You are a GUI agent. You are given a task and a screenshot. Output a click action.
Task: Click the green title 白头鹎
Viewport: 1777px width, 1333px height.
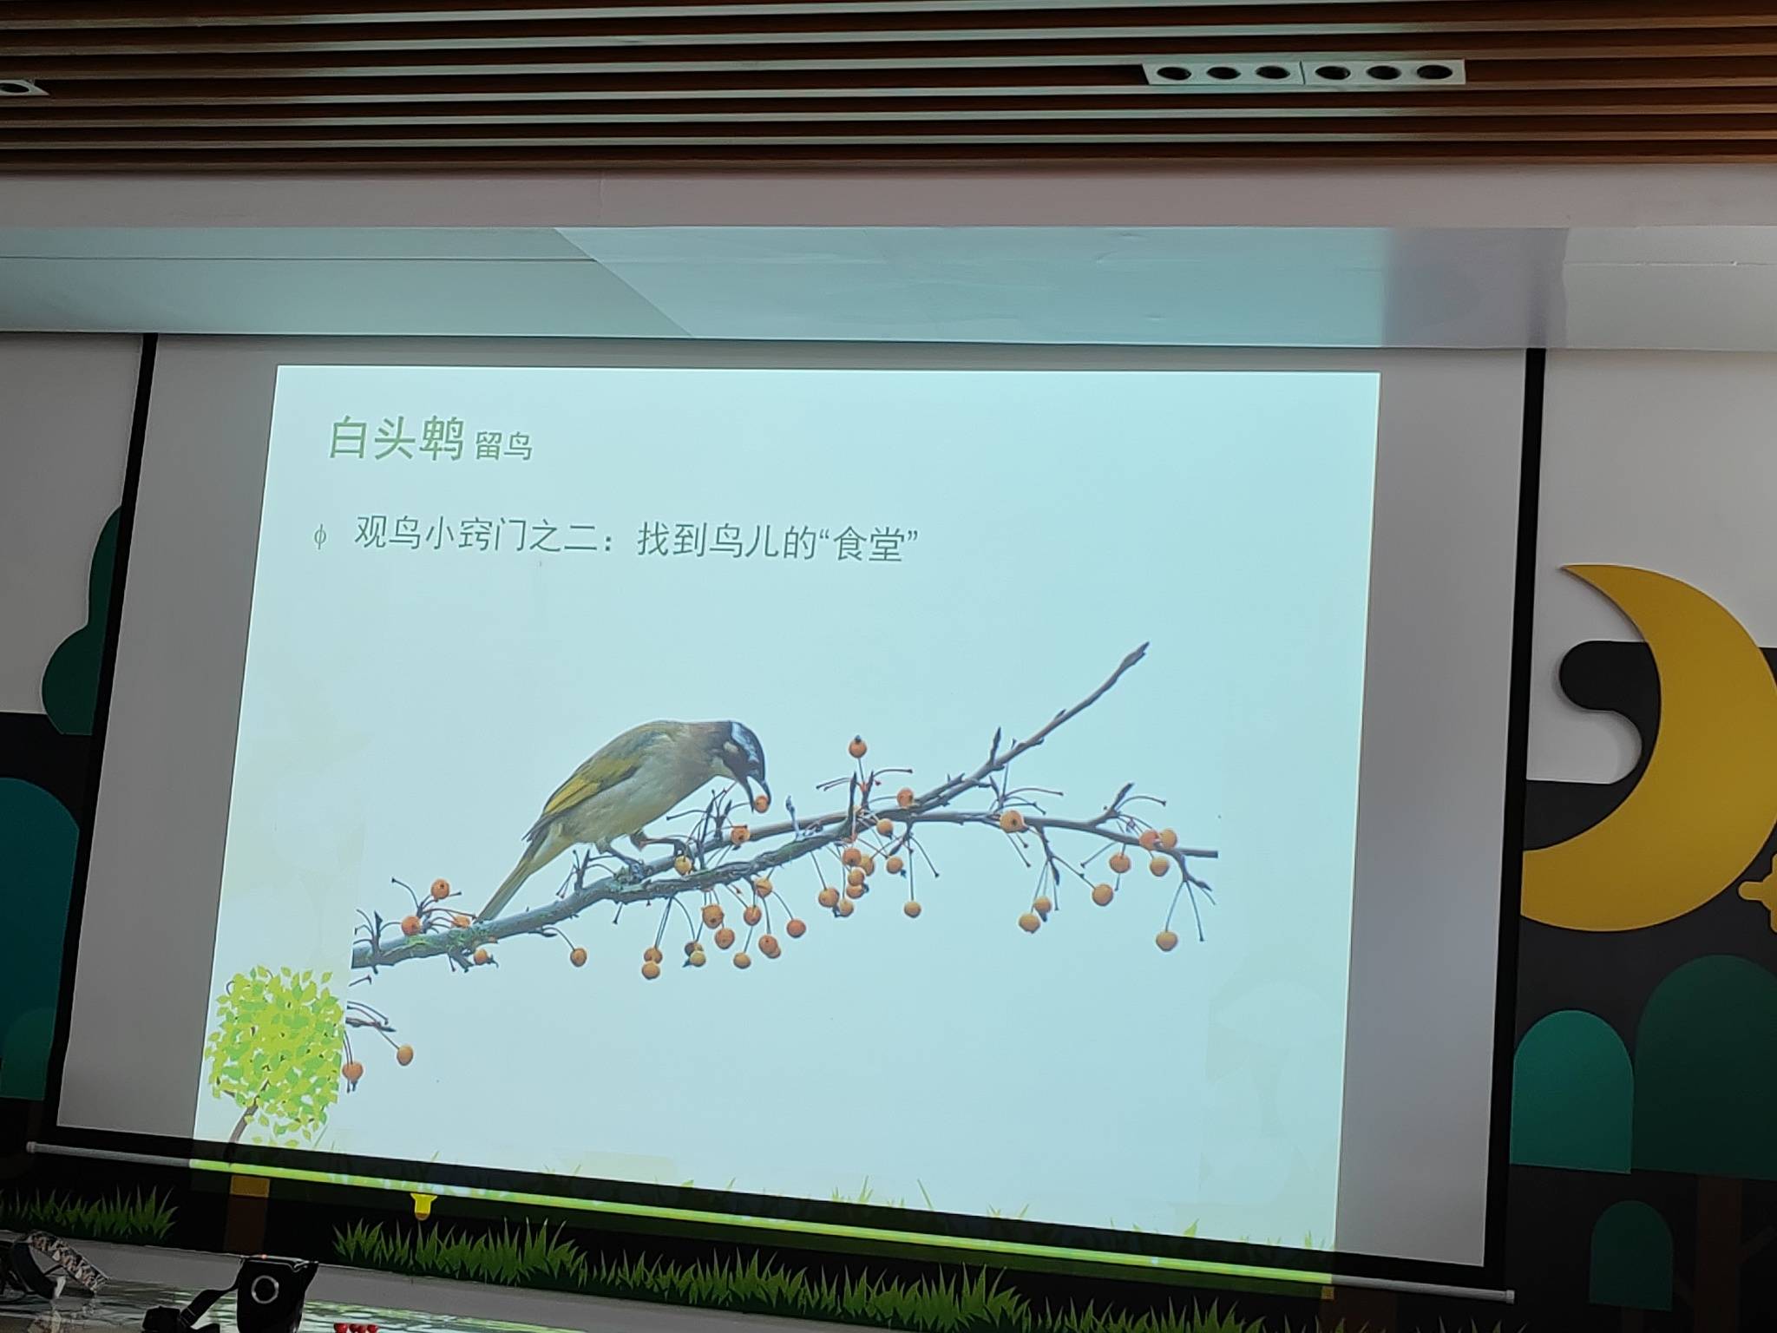(396, 437)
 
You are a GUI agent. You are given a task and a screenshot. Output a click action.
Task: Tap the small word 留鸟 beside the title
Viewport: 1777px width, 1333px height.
(503, 446)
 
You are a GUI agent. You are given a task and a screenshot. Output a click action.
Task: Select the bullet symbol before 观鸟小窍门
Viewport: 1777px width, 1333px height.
(320, 536)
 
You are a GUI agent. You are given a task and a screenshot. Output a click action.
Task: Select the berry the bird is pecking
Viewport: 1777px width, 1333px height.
(761, 804)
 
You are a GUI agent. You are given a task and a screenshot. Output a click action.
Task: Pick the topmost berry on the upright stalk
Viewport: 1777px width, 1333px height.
(857, 746)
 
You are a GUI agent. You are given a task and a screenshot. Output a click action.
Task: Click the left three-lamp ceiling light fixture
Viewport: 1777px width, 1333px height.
(1223, 73)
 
